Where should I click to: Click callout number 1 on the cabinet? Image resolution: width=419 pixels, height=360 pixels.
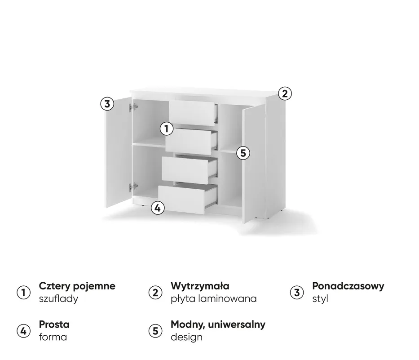tap(167, 129)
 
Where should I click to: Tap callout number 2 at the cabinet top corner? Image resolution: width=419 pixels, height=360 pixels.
tap(285, 94)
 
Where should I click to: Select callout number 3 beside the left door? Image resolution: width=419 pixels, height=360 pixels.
tap(107, 103)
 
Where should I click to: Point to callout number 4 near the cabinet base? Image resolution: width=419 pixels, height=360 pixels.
tap(158, 208)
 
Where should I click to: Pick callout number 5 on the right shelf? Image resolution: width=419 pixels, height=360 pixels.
tap(243, 153)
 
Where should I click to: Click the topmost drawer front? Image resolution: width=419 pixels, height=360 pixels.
tap(192, 113)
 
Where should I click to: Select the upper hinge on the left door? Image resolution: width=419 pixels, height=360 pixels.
tap(133, 107)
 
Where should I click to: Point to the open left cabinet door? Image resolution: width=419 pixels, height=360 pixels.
tap(118, 152)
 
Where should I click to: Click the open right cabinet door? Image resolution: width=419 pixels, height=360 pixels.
tap(254, 163)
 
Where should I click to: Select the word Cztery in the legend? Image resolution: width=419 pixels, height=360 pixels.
tap(54, 286)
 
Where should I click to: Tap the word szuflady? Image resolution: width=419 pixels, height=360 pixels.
tap(58, 299)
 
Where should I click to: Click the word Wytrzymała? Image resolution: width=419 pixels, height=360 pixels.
tap(200, 286)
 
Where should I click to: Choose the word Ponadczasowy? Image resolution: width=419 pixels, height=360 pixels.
tap(348, 286)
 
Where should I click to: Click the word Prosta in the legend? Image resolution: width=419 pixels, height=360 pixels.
tap(54, 324)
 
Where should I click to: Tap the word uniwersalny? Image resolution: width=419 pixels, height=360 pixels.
tap(237, 324)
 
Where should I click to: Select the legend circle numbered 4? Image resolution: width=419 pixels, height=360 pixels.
tap(23, 331)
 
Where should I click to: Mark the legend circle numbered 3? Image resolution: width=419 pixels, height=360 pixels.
tap(297, 293)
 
